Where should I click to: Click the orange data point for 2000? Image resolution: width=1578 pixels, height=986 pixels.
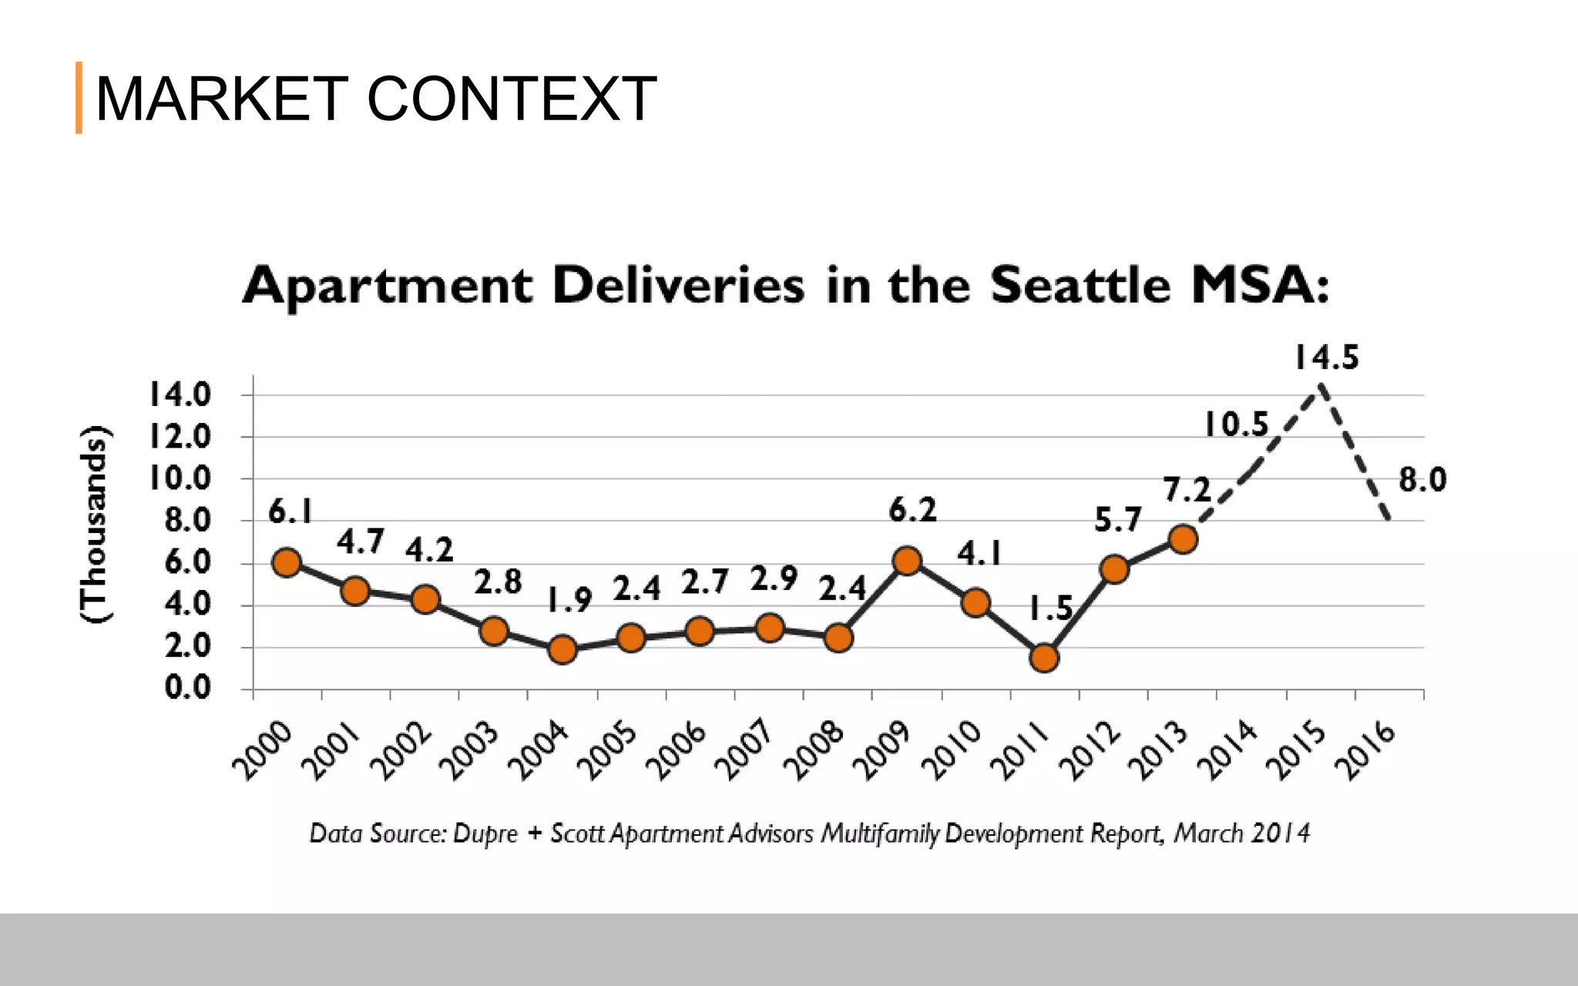(287, 562)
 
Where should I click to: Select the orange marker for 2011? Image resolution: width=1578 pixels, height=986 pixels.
(1044, 658)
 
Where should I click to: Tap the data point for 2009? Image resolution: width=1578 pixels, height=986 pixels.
(908, 561)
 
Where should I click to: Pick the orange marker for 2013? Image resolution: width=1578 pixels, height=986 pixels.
(1183, 539)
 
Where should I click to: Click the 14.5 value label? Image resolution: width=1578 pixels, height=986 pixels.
(1326, 357)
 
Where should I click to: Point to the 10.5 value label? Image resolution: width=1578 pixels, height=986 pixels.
(1236, 424)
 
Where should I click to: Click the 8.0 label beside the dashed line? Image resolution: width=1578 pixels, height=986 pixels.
(1422, 480)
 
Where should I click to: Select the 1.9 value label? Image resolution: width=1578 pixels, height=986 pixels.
(569, 599)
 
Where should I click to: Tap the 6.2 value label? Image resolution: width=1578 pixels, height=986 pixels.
(913, 510)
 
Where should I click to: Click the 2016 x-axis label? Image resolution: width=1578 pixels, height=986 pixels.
(1365, 751)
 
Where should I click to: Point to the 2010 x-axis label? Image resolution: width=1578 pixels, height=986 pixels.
(952, 751)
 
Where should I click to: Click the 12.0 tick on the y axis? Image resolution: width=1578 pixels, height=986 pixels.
(180, 437)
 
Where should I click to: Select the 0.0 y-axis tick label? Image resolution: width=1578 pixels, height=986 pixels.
(187, 687)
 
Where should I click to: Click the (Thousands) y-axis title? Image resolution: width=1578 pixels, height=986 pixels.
(95, 524)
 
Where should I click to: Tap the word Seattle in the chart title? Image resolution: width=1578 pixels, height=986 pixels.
(1080, 285)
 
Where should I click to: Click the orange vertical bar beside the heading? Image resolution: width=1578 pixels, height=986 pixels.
(79, 98)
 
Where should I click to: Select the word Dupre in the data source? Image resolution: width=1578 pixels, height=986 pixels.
(485, 834)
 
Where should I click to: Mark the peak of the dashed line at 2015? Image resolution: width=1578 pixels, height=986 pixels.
(1321, 386)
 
